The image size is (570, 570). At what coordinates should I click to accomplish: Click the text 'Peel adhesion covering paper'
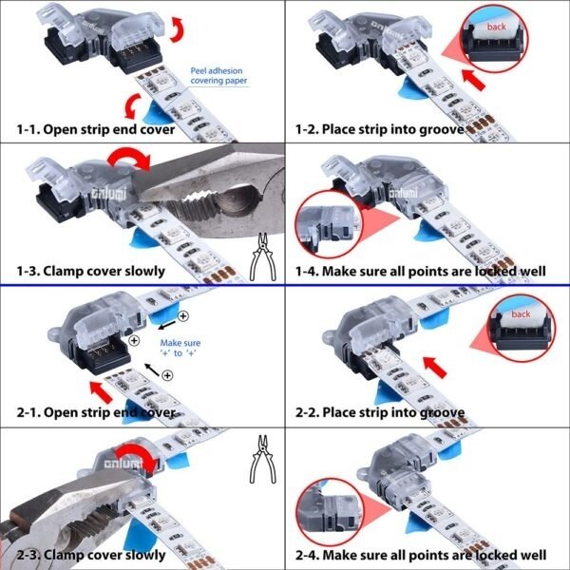point(218,76)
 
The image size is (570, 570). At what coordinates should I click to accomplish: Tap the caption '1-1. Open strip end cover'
point(96,129)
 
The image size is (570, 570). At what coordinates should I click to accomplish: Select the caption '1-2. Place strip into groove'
point(379,129)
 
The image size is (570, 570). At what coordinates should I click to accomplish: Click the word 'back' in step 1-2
point(496,27)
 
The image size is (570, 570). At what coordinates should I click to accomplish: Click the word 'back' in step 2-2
point(521,313)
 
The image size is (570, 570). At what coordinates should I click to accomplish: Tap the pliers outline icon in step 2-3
point(263,460)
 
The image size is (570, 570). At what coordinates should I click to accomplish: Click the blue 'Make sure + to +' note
point(180,348)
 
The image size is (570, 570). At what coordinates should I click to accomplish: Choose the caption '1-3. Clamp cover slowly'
point(91,271)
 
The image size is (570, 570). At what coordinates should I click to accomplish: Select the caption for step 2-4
point(421,555)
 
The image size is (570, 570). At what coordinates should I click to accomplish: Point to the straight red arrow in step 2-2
point(435,367)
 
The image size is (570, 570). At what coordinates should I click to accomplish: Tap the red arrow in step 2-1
point(101,391)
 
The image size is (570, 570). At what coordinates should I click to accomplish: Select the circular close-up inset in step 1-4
point(329,225)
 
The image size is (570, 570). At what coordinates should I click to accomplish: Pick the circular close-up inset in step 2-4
point(330,511)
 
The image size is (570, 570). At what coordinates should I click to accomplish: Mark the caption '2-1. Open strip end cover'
point(96,412)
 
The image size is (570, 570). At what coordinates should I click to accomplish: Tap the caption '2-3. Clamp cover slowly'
point(91,555)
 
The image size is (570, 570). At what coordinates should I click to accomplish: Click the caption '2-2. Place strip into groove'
point(380,412)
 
